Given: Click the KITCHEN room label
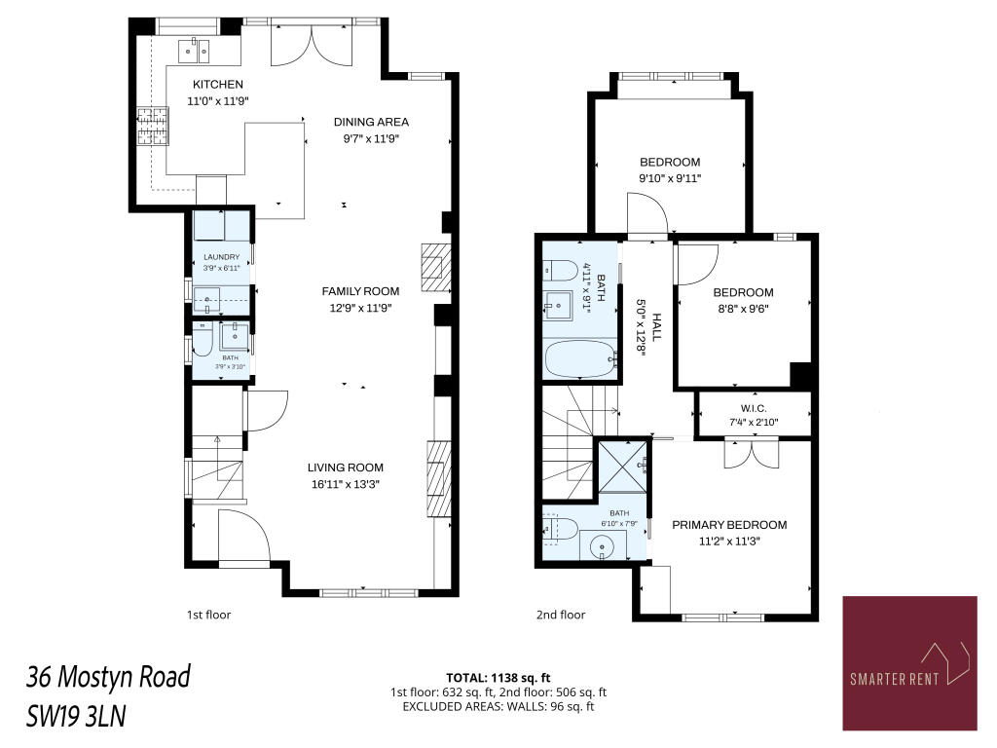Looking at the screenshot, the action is [217, 84].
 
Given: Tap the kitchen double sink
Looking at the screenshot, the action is [194, 50].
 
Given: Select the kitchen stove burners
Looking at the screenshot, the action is [153, 126].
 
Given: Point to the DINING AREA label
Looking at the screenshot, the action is [371, 122].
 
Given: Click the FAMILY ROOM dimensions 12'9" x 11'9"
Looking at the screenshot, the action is [360, 308].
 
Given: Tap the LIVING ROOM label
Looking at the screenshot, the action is [346, 467].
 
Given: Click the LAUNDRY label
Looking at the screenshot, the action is [221, 257].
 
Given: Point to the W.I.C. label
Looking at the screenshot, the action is [754, 408].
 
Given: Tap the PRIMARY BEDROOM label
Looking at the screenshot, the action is [729, 525].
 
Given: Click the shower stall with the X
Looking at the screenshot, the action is [623, 467].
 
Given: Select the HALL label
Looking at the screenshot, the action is [657, 327].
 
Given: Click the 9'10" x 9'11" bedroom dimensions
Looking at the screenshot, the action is [670, 179].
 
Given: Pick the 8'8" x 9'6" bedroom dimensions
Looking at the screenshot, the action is [743, 309].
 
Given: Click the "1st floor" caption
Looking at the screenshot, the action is [208, 615].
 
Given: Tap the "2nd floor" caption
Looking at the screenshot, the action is [561, 615].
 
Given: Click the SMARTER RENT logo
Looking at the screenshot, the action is [909, 662].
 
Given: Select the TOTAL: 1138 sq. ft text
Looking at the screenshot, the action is [498, 678].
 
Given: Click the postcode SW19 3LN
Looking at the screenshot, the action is [76, 716].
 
